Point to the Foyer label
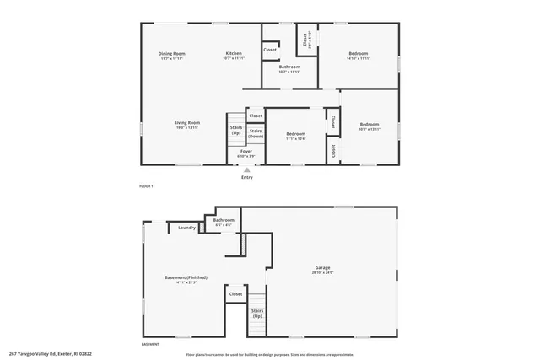tap(246, 153)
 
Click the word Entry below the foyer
tap(246, 177)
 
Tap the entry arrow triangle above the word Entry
tap(246, 169)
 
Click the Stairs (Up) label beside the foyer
tap(236, 131)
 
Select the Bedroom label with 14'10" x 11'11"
tap(359, 56)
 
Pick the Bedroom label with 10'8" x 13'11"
tap(370, 126)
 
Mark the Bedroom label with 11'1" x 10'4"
tap(295, 135)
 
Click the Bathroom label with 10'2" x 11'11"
tap(290, 68)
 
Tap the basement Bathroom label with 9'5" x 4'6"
tap(224, 222)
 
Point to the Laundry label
tap(187, 227)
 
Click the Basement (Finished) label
tap(186, 278)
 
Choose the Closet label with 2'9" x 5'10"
tap(305, 38)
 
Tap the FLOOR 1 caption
tap(147, 185)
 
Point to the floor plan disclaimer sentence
tap(270, 354)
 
